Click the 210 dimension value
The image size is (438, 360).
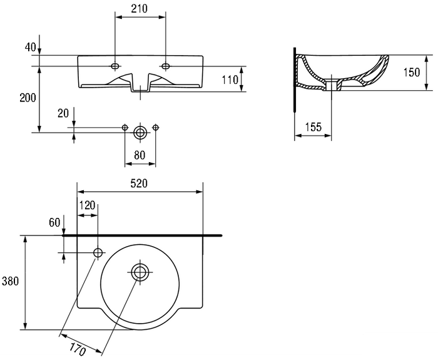139,9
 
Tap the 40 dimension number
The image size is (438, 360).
31,47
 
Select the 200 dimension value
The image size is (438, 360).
28,98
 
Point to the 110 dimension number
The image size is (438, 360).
230,80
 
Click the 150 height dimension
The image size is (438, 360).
412,73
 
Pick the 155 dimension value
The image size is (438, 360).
313,127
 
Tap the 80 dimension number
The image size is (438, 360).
140,155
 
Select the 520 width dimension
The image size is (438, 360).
139,183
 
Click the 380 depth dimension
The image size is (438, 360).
11,281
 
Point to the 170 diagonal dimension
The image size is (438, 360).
78,349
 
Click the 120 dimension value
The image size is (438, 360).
88,206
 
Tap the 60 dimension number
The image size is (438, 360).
54,222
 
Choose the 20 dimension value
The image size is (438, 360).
63,113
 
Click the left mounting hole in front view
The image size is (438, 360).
115,66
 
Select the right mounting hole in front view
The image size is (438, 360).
166,66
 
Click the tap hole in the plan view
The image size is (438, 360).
98,253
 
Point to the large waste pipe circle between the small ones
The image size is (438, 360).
140,133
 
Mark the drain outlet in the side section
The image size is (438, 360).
331,85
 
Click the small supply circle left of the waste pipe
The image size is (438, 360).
125,128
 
